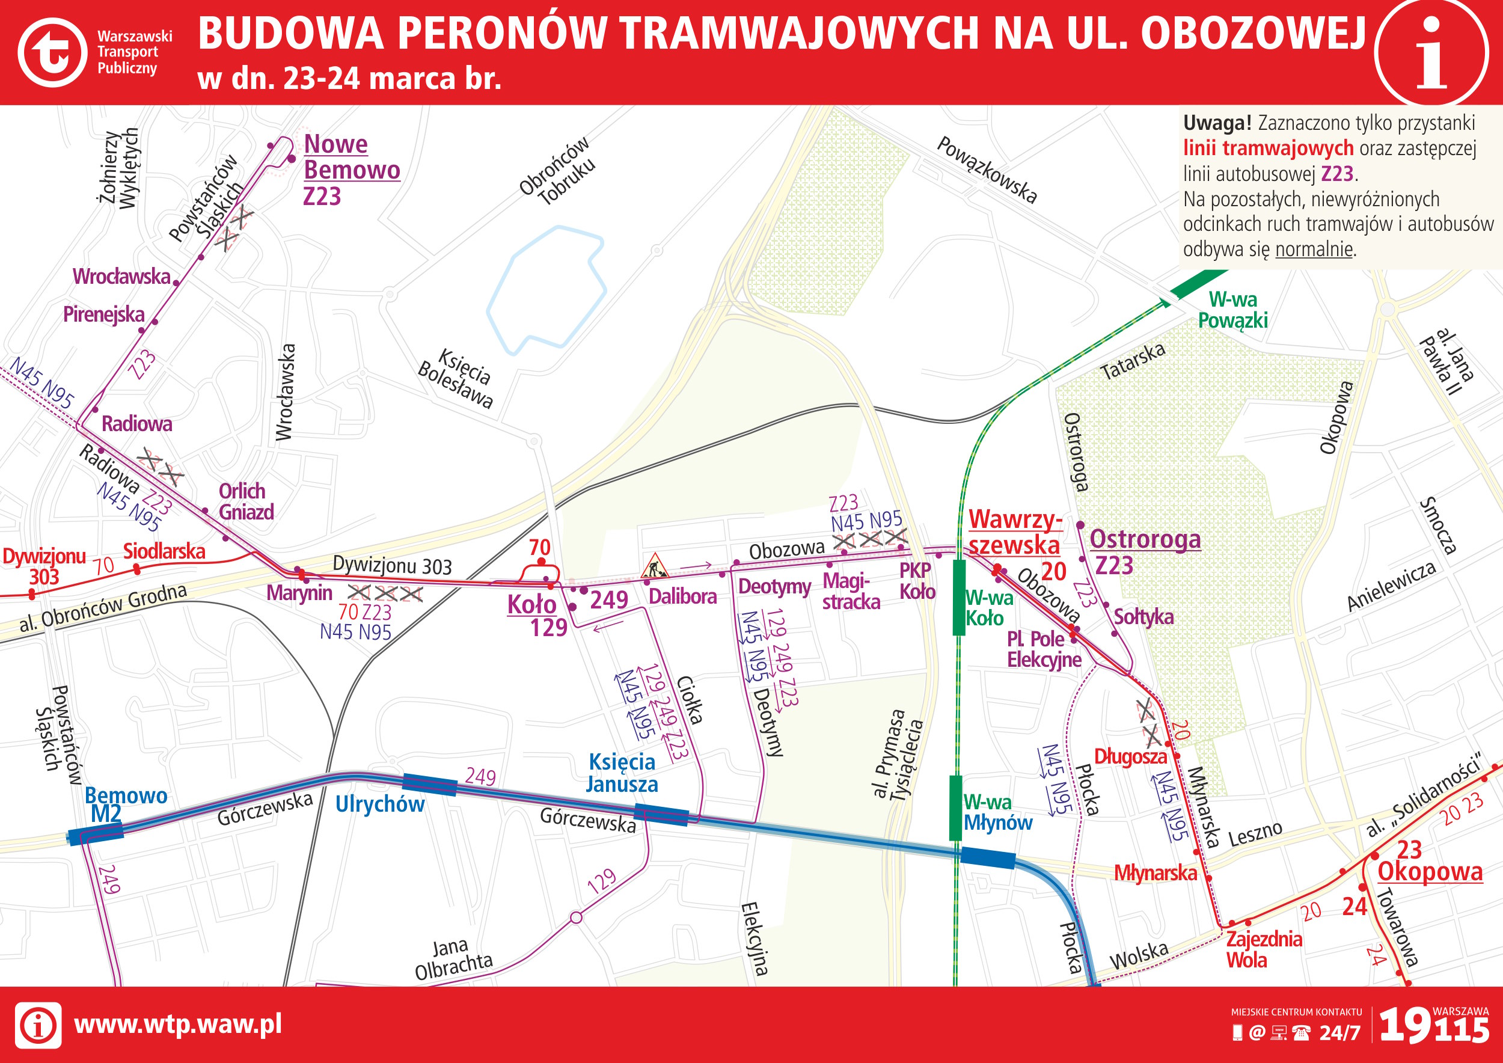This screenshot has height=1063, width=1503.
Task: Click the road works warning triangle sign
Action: [x=655, y=566]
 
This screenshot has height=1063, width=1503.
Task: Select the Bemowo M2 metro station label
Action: [x=125, y=804]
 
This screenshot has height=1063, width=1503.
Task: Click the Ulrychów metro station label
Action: [x=380, y=804]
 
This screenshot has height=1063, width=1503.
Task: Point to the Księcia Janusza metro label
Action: [x=621, y=773]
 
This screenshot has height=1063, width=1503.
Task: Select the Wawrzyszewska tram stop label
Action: [x=1014, y=532]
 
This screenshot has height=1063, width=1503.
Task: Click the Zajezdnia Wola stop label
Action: [x=1263, y=949]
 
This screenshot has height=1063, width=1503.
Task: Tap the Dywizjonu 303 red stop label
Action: [x=44, y=566]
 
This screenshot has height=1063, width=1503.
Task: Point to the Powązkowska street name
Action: [x=987, y=170]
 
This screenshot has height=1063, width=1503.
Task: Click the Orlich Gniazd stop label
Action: [x=245, y=501]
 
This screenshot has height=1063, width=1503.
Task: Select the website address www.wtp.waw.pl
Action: [x=177, y=1024]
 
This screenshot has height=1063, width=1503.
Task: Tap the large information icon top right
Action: [x=1431, y=52]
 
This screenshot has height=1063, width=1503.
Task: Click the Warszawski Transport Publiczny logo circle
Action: [x=52, y=52]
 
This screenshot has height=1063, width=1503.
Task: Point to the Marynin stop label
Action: [x=299, y=593]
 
